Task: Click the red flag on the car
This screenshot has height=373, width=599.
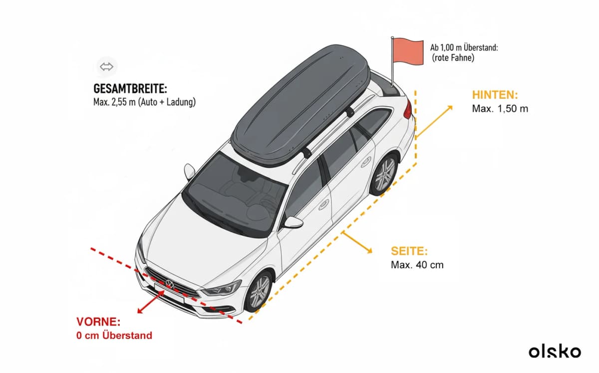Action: pos(407,51)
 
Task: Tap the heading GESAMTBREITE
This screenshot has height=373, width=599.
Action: pos(130,89)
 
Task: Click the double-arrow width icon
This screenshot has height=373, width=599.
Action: pos(106,66)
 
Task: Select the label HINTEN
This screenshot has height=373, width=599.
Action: pos(495,95)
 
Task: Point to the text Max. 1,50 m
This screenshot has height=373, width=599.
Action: pos(500,109)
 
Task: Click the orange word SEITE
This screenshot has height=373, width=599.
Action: pos(409,251)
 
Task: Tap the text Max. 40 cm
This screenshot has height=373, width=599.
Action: pos(417,265)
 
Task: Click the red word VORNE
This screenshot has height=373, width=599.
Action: pos(98,322)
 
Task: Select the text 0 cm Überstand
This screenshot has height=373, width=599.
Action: pos(114,335)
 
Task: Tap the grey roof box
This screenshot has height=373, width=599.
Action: pos(301,106)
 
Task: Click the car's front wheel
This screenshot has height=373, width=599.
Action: pos(259,292)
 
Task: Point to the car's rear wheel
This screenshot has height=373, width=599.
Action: pos(384,174)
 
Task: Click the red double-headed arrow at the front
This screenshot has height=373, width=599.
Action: pos(151,302)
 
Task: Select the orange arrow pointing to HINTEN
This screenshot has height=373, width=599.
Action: pos(434,122)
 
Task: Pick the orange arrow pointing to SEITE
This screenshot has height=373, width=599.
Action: pos(357,242)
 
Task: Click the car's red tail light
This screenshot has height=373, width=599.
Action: pos(407,110)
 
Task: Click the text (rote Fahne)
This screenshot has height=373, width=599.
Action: pos(453,58)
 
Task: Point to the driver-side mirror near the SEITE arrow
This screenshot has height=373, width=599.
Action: pos(294,222)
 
